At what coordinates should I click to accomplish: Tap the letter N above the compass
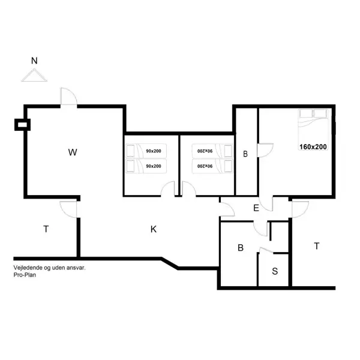(x=34, y=61)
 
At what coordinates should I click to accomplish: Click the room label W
(x=73, y=152)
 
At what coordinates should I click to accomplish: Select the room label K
(x=154, y=229)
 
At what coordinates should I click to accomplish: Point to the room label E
(x=256, y=208)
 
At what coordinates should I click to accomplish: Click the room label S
(x=275, y=271)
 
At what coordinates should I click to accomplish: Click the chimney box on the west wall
(x=22, y=125)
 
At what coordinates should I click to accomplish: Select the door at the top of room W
(x=67, y=98)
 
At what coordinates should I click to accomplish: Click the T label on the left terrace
(x=46, y=229)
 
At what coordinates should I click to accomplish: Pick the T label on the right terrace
(x=316, y=245)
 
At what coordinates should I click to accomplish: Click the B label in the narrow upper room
(x=245, y=154)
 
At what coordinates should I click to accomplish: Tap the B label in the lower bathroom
(x=240, y=247)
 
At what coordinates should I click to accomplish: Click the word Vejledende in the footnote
(x=29, y=268)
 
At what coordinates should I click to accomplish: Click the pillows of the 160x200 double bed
(x=314, y=114)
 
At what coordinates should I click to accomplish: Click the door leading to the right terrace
(x=298, y=209)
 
